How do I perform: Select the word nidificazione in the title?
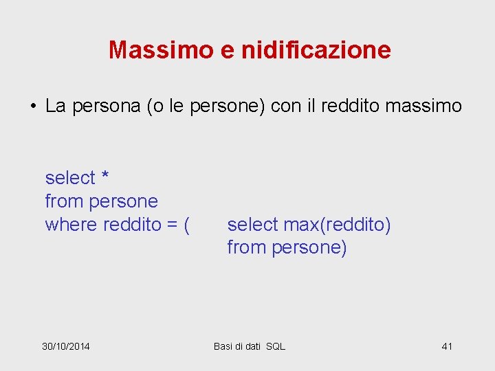(316, 49)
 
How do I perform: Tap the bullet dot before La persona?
(32, 106)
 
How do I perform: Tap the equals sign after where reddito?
(168, 225)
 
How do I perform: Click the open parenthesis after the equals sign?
(186, 225)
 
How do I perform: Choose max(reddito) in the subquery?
(337, 225)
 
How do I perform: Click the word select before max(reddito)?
(252, 225)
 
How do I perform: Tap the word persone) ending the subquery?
(309, 248)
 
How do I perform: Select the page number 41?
(447, 346)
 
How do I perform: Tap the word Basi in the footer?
(223, 346)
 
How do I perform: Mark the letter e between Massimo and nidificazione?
(228, 50)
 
